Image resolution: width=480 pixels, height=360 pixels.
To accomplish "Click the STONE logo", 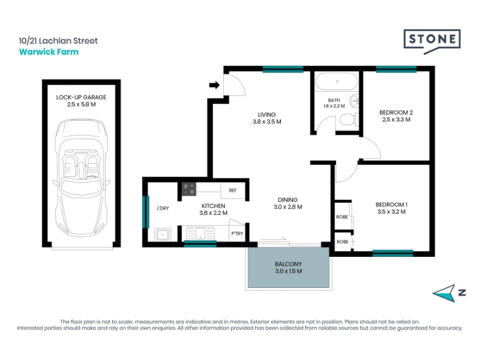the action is pyautogui.click(x=432, y=41).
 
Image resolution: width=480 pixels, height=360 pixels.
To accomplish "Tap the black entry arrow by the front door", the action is pyautogui.click(x=214, y=85).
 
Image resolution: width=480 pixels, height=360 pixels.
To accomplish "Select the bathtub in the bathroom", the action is pyautogui.click(x=337, y=82).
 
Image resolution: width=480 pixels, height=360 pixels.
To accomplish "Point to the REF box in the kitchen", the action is pyautogui.click(x=233, y=190).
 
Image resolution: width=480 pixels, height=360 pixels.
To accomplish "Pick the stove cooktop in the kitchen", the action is pyautogui.click(x=189, y=189).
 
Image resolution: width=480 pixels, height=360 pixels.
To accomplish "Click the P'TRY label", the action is pyautogui.click(x=237, y=233).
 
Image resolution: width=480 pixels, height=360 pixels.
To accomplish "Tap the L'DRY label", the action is pyautogui.click(x=163, y=208).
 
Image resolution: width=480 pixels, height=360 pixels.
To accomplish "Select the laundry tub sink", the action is pyautogui.click(x=163, y=235).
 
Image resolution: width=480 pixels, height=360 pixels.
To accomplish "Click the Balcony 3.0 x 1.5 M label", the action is pyautogui.click(x=289, y=268).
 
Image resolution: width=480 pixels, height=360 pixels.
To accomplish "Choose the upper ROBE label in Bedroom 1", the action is pyautogui.click(x=342, y=217).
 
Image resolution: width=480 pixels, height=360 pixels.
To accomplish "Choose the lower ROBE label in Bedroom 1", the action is pyautogui.click(x=343, y=242).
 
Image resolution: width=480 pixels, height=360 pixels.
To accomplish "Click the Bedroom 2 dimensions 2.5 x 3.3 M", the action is pyautogui.click(x=396, y=119).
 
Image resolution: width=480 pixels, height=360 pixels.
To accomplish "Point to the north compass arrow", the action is pyautogui.click(x=445, y=293).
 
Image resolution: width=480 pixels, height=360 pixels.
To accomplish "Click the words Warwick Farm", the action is pyautogui.click(x=49, y=52).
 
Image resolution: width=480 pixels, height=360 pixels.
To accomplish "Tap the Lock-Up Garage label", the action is pyautogui.click(x=81, y=97).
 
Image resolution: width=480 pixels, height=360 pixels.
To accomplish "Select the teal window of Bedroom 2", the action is pyautogui.click(x=396, y=70).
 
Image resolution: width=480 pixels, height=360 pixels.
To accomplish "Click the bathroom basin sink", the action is pyautogui.click(x=355, y=100).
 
